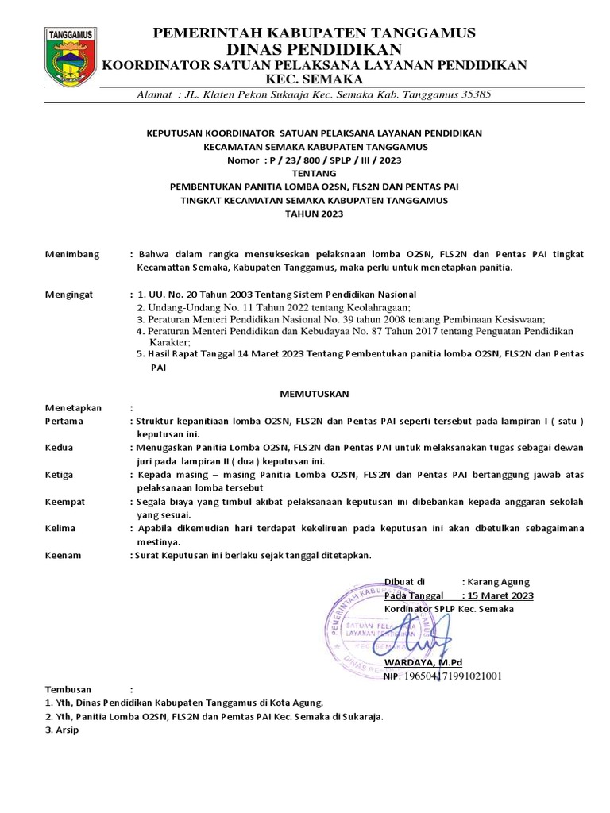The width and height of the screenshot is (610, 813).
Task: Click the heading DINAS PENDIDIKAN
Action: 314,48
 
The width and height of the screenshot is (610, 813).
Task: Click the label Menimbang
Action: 72,254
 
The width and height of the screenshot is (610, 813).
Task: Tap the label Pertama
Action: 66,421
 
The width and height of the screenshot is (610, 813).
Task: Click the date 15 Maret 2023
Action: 500,595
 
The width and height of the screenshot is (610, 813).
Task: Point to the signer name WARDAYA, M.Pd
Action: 423,662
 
